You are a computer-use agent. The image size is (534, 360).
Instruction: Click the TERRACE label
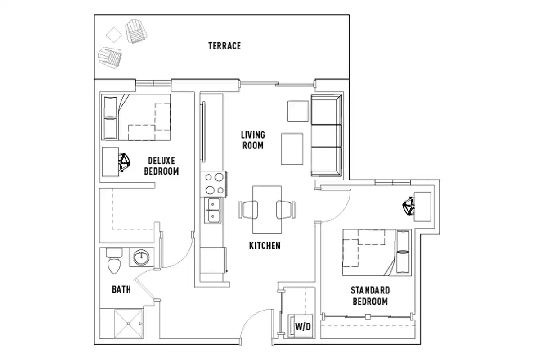(x=224, y=46)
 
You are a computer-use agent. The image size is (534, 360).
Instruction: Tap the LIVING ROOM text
(x=252, y=140)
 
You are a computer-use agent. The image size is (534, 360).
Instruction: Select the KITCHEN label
(x=265, y=246)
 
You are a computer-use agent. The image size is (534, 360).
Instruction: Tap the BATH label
(x=121, y=289)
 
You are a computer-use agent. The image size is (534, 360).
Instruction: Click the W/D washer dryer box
(x=302, y=327)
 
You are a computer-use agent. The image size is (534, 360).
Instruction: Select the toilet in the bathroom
(x=114, y=261)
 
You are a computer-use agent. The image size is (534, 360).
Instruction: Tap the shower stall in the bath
(x=129, y=324)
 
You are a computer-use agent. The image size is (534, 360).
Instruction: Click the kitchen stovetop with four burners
(x=214, y=183)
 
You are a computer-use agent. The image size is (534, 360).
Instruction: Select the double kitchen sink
(x=213, y=211)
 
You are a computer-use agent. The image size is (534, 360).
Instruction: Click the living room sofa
(x=326, y=135)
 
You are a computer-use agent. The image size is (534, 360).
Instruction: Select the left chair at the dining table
(x=248, y=209)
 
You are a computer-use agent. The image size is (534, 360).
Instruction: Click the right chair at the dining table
(x=285, y=209)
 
